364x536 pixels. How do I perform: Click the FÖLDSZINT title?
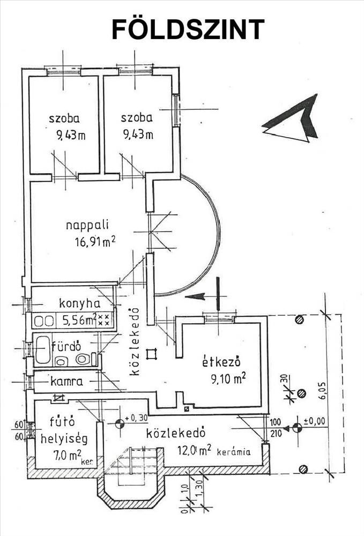click(x=188, y=29)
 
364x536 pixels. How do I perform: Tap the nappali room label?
click(x=87, y=226)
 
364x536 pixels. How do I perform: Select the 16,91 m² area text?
click(x=95, y=242)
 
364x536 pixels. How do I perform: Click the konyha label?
click(x=80, y=303)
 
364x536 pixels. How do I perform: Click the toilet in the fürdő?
click(x=83, y=359)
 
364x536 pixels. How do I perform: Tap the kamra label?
click(x=66, y=381)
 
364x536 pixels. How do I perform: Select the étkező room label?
click(x=222, y=361)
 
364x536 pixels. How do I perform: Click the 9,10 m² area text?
click(x=229, y=378)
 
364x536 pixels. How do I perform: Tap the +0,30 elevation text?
click(x=136, y=418)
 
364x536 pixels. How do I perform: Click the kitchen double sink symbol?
click(x=44, y=321)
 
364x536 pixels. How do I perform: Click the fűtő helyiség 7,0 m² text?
click(x=64, y=440)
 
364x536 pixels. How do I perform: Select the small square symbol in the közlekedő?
click(x=151, y=354)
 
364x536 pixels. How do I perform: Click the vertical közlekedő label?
click(x=135, y=342)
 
